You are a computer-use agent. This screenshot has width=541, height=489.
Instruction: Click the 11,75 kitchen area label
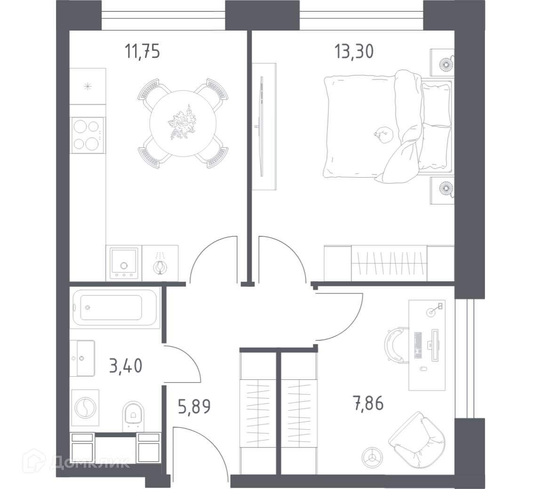pyautogui.click(x=142, y=52)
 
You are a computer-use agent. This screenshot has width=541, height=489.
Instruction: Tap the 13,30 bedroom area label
pyautogui.click(x=354, y=52)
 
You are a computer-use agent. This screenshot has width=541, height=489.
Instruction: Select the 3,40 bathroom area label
pyautogui.click(x=126, y=365)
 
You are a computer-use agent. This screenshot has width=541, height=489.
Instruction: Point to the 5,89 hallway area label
pyautogui.click(x=194, y=406)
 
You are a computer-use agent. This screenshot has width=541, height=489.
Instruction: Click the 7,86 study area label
pyautogui.click(x=368, y=403)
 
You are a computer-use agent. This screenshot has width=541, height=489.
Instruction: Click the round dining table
pyautogui.click(x=183, y=124)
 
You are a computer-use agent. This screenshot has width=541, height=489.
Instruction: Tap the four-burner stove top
pyautogui.click(x=88, y=135)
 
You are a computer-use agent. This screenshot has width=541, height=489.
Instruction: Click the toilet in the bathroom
pyautogui.click(x=133, y=417)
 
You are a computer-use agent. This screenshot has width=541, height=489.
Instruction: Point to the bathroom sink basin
pyautogui.click(x=83, y=358)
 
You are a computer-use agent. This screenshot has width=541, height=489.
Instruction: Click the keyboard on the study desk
pyautogui.click(x=418, y=345)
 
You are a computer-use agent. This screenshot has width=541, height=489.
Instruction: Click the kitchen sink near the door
pyautogui.click(x=124, y=262)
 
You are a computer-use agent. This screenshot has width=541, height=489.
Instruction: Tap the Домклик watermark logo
pyautogui.click(x=76, y=462)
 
